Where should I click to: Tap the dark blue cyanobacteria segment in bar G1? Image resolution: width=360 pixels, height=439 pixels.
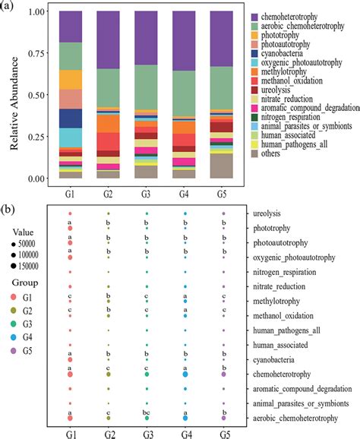(70, 118)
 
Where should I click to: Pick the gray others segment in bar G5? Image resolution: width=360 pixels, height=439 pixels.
(223, 166)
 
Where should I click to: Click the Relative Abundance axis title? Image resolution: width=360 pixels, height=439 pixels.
(14, 95)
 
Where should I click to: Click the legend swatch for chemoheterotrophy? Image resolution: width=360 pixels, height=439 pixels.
(253, 16)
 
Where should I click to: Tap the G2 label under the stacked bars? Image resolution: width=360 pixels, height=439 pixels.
(108, 193)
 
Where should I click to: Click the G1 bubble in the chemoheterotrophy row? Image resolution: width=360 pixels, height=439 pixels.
(70, 374)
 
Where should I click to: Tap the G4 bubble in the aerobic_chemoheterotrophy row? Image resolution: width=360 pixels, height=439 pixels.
(185, 418)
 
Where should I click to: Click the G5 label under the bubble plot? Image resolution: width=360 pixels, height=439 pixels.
(223, 433)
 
